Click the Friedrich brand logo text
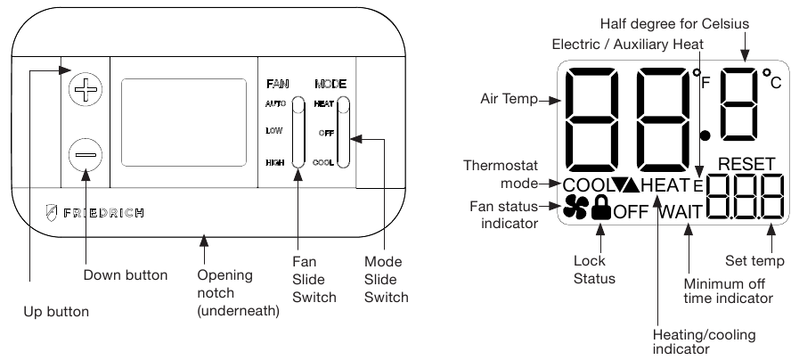point(97,214)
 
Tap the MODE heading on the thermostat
point(330,84)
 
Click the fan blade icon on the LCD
point(576,209)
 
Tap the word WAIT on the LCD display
point(682,212)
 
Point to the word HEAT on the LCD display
point(665,185)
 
